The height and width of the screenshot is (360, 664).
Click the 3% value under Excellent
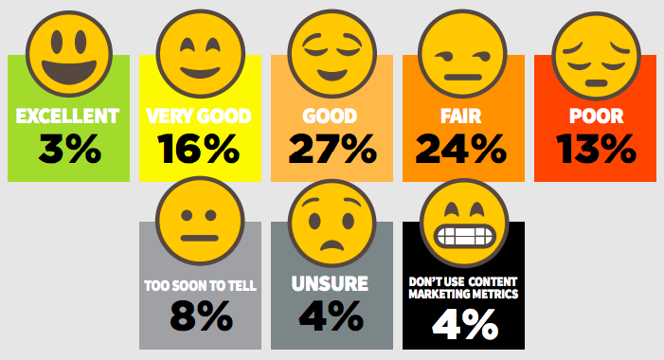point(69,150)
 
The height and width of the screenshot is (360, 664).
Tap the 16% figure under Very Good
point(199,150)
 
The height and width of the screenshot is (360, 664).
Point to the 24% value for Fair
point(462,150)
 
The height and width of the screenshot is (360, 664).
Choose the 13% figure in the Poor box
point(595,150)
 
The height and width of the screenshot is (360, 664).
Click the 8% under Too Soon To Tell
point(200,316)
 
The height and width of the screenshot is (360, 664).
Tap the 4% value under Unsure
point(332,316)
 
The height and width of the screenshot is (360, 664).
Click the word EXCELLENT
point(68,117)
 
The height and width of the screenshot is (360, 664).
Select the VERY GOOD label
point(199,117)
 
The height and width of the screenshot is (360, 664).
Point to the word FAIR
point(462,117)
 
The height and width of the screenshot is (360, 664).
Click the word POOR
point(595,117)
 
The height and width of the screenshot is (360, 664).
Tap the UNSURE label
point(331,283)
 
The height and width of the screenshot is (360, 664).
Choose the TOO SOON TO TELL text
point(200,284)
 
